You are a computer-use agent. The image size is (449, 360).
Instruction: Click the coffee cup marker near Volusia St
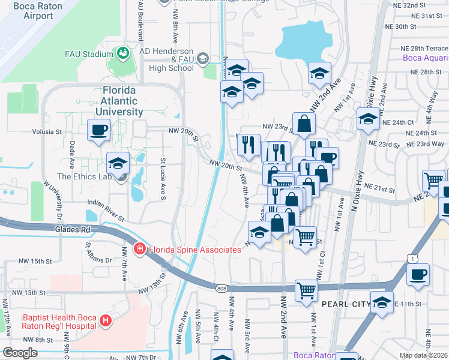(98, 130)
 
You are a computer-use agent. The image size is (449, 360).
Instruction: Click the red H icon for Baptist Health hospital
(106, 320)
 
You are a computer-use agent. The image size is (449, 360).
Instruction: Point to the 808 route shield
(221, 289)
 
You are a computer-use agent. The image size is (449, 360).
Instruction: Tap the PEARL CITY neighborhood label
(345, 305)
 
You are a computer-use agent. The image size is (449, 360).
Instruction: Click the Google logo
(20, 353)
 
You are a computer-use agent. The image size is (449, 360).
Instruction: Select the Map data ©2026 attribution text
(424, 355)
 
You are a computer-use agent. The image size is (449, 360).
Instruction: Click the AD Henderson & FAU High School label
(167, 59)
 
